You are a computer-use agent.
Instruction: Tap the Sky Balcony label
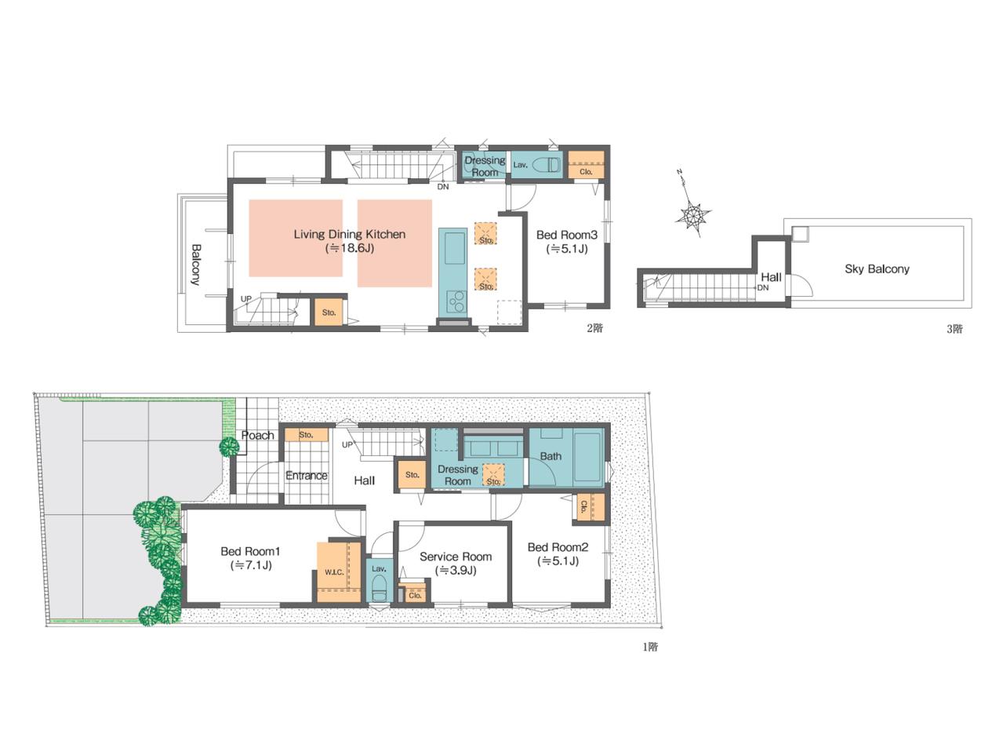click(x=877, y=268)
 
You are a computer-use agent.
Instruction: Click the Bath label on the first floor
click(x=551, y=456)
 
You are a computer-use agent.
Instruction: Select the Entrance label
click(x=307, y=475)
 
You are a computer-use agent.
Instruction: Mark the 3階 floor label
click(x=954, y=329)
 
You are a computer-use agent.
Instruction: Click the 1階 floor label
click(x=650, y=647)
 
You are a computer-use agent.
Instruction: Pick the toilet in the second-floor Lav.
click(x=547, y=164)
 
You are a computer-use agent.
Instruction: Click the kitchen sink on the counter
click(x=454, y=248)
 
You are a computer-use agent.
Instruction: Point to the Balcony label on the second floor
click(x=196, y=265)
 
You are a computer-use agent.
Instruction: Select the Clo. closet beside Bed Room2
click(x=591, y=507)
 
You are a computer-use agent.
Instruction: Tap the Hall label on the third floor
click(x=771, y=277)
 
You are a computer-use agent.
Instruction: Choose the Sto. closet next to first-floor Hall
click(x=412, y=474)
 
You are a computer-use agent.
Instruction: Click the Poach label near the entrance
click(x=257, y=435)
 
